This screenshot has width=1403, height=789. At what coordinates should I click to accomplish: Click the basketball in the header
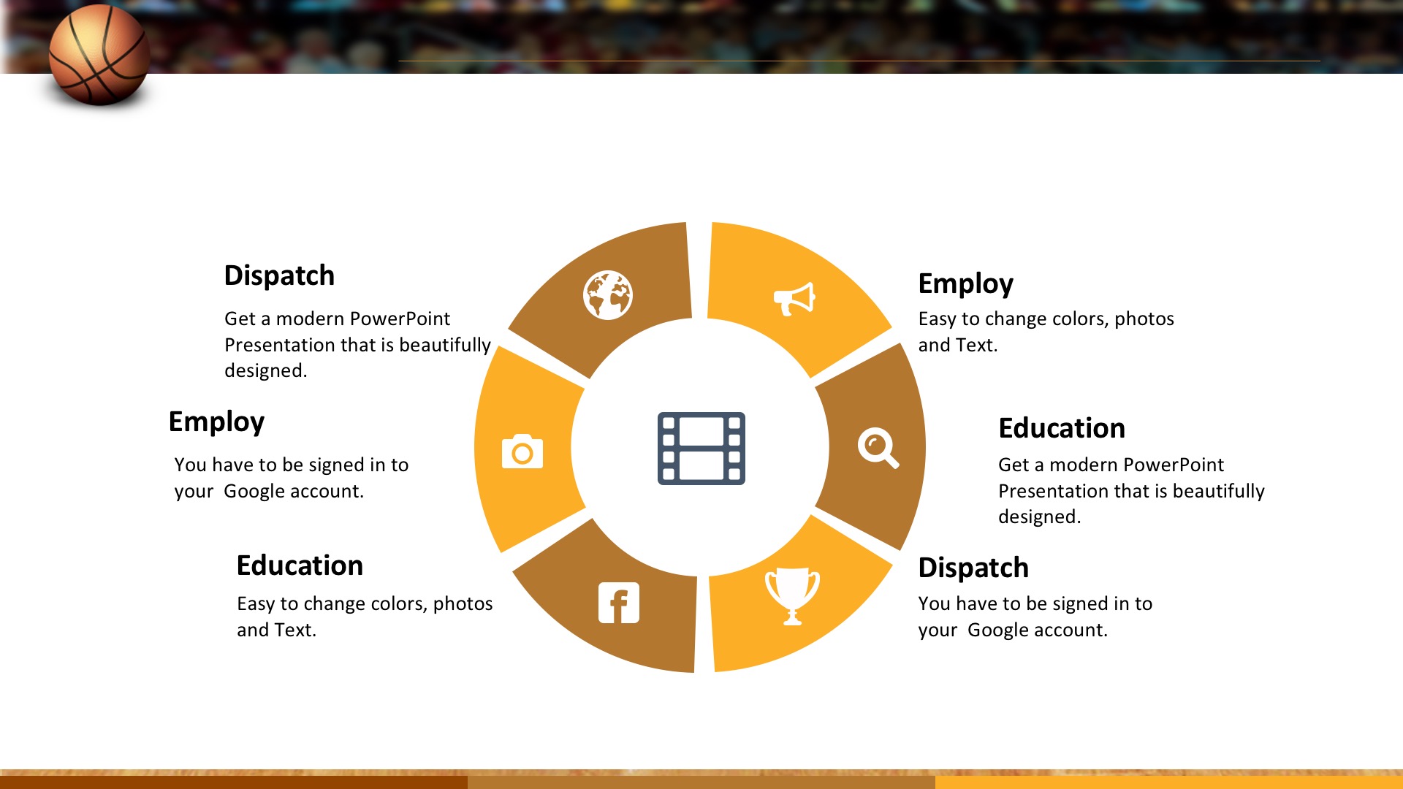pos(99,56)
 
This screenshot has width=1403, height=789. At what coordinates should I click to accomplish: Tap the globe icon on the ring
pos(608,295)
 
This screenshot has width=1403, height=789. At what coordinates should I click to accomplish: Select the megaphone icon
pos(794,299)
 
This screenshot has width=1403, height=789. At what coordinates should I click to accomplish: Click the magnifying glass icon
pos(878,448)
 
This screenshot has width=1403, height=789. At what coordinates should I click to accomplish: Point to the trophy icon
pos(792,596)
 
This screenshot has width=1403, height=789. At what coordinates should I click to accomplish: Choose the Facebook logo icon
pos(619,603)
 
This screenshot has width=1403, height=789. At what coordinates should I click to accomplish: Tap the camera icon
pos(522,451)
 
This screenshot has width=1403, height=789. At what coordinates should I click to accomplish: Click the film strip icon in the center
pos(701,449)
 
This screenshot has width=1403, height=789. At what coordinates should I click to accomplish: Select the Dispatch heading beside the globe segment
pos(279,275)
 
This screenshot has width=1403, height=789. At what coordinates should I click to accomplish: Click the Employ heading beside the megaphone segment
pos(965,283)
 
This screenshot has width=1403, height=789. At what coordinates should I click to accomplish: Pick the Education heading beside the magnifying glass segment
pos(1062,428)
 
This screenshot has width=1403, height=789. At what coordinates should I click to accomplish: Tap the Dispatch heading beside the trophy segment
pos(973,568)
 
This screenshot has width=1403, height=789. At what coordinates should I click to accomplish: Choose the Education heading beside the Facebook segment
pos(300,565)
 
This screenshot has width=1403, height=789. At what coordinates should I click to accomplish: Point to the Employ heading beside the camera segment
pos(216,422)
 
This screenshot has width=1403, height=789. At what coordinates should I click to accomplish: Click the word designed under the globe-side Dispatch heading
pos(265,371)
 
